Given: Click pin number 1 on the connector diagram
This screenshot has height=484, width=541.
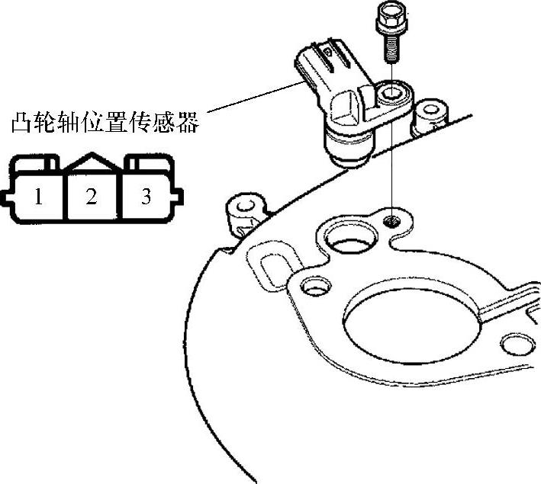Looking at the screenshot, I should (37, 197).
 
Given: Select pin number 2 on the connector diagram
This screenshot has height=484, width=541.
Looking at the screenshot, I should (92, 197).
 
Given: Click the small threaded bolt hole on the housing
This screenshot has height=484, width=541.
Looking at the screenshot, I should (391, 221).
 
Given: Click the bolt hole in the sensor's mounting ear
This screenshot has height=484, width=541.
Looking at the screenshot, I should (390, 95).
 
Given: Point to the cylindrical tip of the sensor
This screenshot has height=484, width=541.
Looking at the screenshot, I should (347, 146).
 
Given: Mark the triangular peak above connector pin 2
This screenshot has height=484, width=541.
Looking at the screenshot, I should (92, 159).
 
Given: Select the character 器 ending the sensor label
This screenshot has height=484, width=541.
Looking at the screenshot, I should (186, 122).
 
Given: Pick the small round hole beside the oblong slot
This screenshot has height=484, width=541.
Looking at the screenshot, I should (311, 287).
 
